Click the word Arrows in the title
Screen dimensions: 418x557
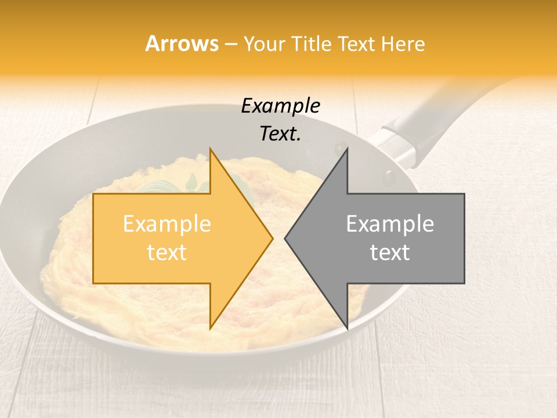coord(182,44)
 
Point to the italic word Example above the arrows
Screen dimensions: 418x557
coord(281,106)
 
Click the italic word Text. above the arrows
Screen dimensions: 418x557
coord(281,134)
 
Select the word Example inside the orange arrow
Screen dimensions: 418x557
coord(167,224)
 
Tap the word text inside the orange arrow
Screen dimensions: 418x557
coord(167,253)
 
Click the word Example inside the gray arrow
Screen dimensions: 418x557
coord(390,224)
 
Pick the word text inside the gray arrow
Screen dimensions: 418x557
coord(390,253)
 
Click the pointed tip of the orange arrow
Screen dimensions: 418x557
coord(272,238)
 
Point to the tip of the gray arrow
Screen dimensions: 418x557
coord(285,238)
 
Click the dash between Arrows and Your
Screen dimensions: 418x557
coord(231,45)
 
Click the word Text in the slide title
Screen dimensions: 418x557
coord(356,44)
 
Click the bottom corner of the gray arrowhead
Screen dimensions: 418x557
coord(347,329)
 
